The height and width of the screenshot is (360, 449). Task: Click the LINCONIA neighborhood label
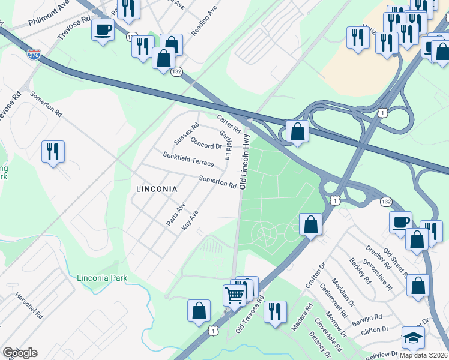point(157,188)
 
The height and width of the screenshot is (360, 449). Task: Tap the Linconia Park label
point(103,278)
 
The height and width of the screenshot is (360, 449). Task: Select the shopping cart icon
point(234,294)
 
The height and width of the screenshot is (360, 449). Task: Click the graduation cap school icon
point(413,338)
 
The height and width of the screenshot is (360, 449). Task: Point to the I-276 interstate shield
point(34,55)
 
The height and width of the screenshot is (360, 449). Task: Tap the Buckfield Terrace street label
point(188,159)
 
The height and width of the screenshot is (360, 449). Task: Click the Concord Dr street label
point(206,143)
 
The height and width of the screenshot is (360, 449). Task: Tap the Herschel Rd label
point(29,305)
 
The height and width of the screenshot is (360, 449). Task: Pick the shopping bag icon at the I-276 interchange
point(297,131)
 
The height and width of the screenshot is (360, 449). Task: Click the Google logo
point(20,353)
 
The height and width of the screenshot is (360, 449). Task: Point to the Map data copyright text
point(424,355)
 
